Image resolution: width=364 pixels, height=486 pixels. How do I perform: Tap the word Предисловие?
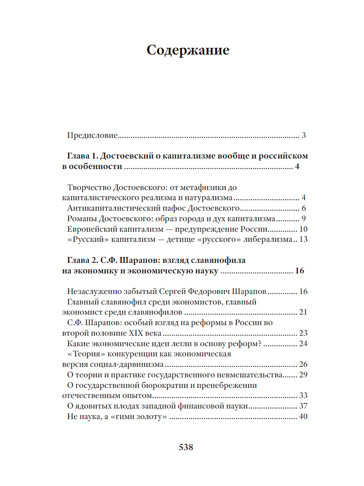coord(92,135)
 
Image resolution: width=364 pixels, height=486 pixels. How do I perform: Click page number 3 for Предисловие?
coord(303,135)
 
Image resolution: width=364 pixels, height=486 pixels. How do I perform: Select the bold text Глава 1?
coord(81,156)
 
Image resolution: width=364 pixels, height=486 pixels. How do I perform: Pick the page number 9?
coord(303,219)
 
